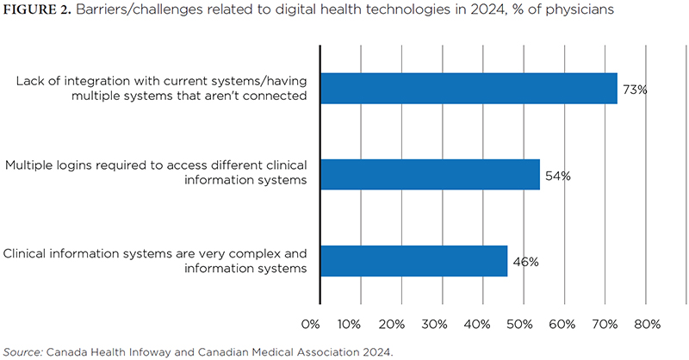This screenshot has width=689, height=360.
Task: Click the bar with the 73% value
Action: tap(469, 88)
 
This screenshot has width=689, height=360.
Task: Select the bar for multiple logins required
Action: tap(430, 174)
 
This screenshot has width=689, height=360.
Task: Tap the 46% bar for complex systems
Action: tap(413, 261)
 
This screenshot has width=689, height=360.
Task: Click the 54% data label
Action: tap(557, 176)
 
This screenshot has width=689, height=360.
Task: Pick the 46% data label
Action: tap(525, 262)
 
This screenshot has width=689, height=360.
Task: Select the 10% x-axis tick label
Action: tap(349, 324)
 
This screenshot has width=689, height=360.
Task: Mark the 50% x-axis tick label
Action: tap(519, 324)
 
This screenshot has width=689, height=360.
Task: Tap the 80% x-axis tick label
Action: tap(647, 324)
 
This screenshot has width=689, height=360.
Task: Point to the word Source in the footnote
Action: tap(22, 351)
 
